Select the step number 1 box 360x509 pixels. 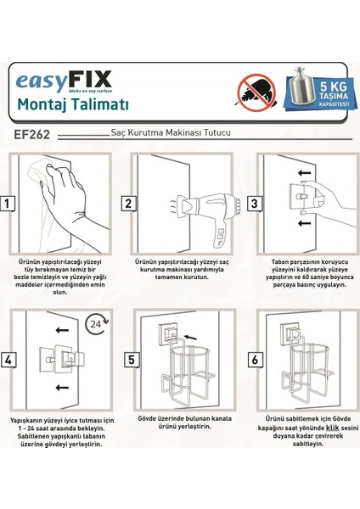point(8,203)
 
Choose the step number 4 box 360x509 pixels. point(8,360)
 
